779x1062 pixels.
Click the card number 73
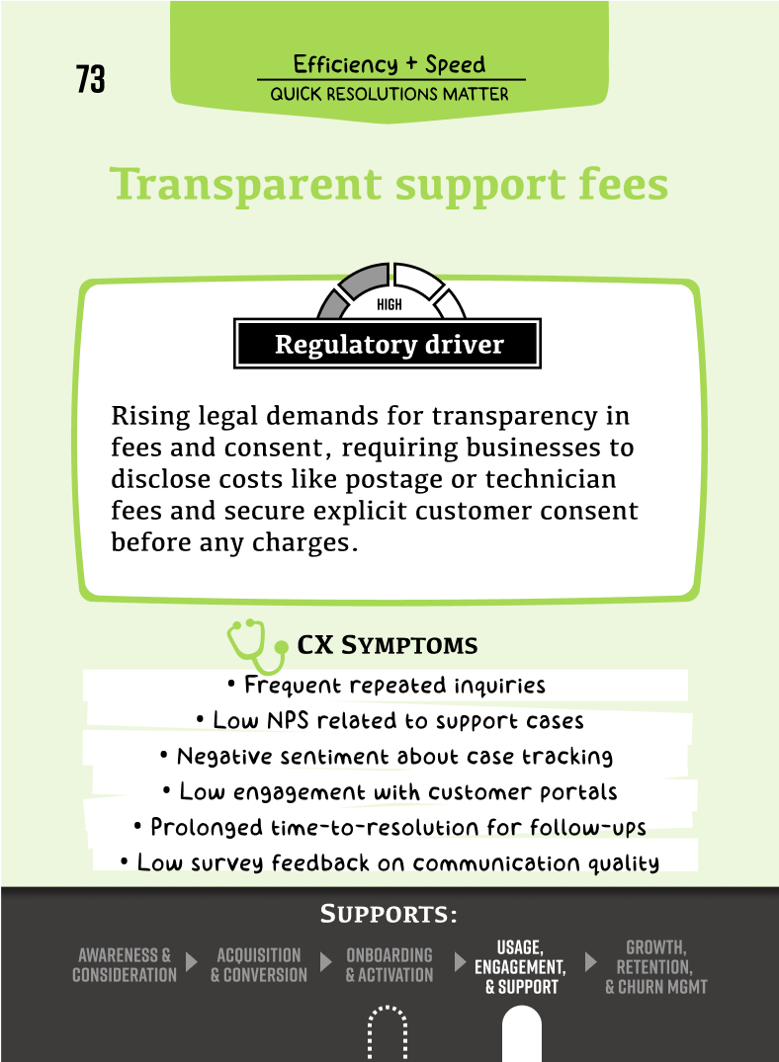click(x=90, y=79)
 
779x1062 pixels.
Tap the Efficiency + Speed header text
click(x=389, y=65)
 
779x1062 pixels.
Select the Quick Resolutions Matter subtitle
click(x=389, y=95)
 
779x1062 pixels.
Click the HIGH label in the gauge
click(x=389, y=305)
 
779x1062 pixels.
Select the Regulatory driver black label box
click(x=389, y=345)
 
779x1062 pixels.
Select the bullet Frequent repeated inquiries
click(x=386, y=685)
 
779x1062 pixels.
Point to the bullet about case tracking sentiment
click(x=386, y=757)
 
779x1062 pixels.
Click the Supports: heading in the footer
click(x=389, y=915)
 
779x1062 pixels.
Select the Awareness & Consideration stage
click(x=125, y=965)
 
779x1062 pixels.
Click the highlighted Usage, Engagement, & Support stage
click(x=520, y=967)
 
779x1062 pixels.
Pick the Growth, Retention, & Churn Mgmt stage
click(x=655, y=967)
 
